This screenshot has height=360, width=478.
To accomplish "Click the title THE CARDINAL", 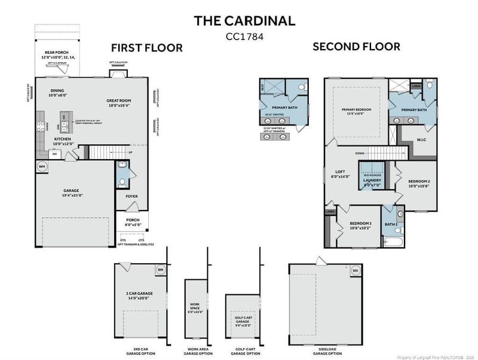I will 244,21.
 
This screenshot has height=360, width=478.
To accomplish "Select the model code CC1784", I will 244,36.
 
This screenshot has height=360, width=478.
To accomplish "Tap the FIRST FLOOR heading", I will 146,48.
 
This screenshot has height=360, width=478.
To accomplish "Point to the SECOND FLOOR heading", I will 357,47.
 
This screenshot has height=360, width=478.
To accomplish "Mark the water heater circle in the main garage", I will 42,167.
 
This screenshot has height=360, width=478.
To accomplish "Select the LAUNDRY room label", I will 372,182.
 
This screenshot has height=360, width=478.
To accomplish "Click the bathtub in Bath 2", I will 394,242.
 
